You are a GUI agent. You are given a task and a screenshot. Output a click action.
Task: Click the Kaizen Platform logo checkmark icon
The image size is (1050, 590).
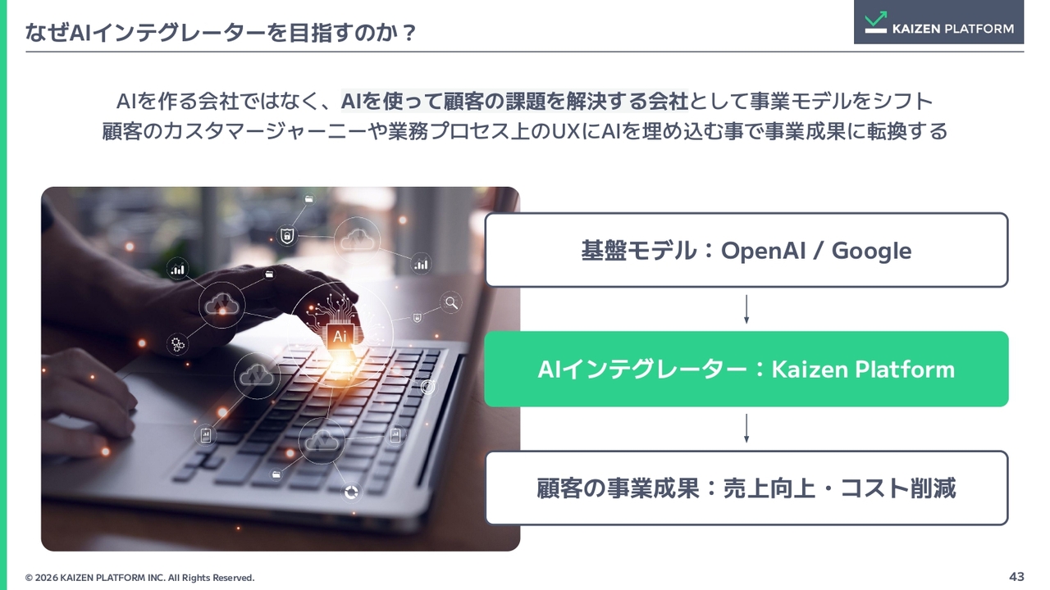(875, 22)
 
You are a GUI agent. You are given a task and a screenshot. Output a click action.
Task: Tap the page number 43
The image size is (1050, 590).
(1016, 576)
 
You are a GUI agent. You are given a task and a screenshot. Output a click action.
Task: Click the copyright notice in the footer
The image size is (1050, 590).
(139, 578)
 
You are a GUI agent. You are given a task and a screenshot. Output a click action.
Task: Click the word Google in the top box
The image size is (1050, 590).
(871, 252)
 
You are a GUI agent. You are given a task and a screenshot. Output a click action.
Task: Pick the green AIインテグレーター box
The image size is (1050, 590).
(746, 369)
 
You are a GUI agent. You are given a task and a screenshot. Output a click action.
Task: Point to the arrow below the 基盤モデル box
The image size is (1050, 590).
(746, 309)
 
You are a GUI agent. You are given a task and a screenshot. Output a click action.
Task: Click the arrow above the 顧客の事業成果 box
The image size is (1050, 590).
(746, 428)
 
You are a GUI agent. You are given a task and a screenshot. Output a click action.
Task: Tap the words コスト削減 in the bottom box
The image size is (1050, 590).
(897, 488)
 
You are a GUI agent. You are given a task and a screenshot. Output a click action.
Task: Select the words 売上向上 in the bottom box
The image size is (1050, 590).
(769, 488)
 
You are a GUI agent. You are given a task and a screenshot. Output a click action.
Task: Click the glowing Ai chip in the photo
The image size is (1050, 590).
(340, 336)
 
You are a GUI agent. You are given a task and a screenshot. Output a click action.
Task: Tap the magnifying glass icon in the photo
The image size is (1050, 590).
(451, 303)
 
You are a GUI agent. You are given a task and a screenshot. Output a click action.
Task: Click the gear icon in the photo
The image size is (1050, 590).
(178, 344)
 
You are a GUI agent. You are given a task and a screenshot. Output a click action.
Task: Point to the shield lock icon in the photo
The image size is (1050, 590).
(287, 235)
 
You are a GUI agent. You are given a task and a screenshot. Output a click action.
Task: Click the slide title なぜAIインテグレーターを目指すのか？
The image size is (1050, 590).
(221, 32)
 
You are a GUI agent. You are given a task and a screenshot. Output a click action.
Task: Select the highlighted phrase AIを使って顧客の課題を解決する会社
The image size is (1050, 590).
(514, 101)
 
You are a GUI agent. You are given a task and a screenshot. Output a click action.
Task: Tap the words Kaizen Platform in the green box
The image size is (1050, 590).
(863, 370)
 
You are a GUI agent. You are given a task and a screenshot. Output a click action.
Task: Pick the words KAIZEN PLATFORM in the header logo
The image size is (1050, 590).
(953, 29)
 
